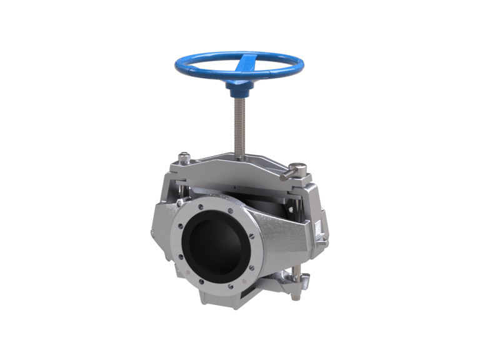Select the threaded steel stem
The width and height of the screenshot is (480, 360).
pos(239,125)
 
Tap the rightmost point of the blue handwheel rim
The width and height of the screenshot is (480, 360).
pos(304,62)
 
